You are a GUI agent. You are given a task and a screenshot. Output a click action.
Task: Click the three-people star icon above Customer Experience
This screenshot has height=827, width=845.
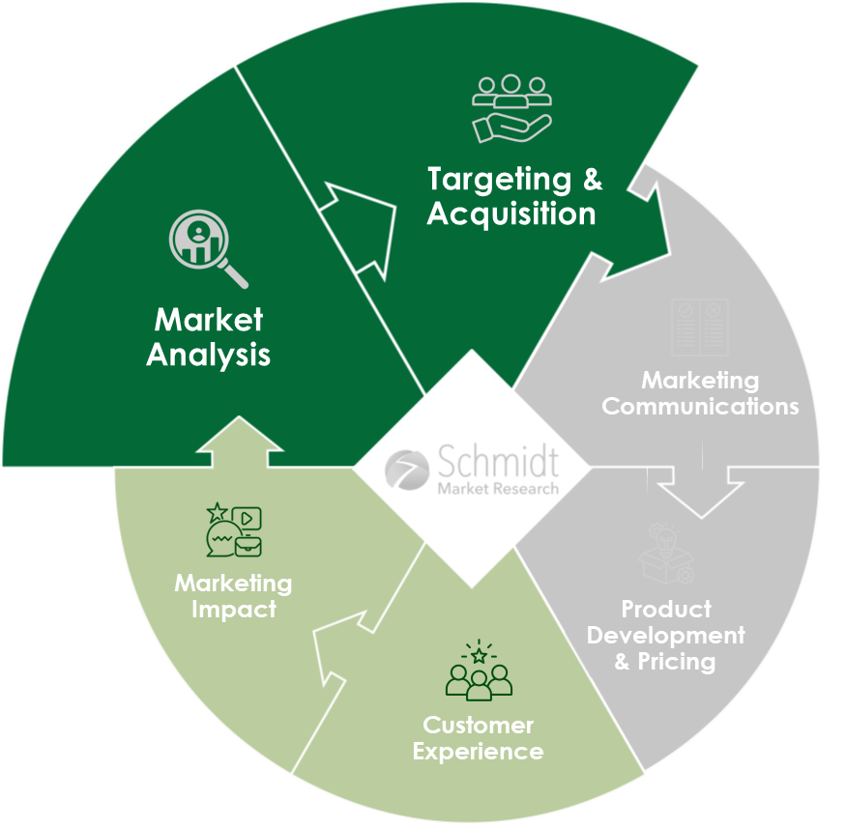click(x=479, y=669)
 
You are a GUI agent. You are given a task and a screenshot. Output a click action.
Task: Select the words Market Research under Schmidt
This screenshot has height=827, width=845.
click(x=498, y=489)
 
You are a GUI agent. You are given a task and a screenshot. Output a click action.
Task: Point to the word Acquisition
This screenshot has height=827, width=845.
click(x=511, y=214)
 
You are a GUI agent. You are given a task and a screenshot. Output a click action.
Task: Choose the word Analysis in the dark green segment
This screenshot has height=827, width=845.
click(x=209, y=355)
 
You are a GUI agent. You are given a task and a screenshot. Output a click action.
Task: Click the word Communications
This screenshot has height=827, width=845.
click(x=700, y=406)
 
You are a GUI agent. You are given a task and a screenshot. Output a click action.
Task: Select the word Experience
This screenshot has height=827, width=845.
click(x=478, y=751)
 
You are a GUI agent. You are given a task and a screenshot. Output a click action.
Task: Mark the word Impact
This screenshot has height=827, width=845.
click(x=233, y=610)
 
